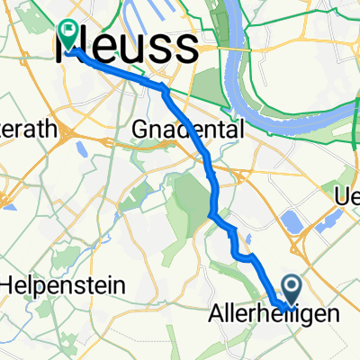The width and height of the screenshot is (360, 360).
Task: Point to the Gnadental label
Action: (x=188, y=130)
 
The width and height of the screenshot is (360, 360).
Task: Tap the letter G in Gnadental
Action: (x=139, y=130)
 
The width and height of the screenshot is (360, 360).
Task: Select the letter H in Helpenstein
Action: (x=8, y=286)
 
